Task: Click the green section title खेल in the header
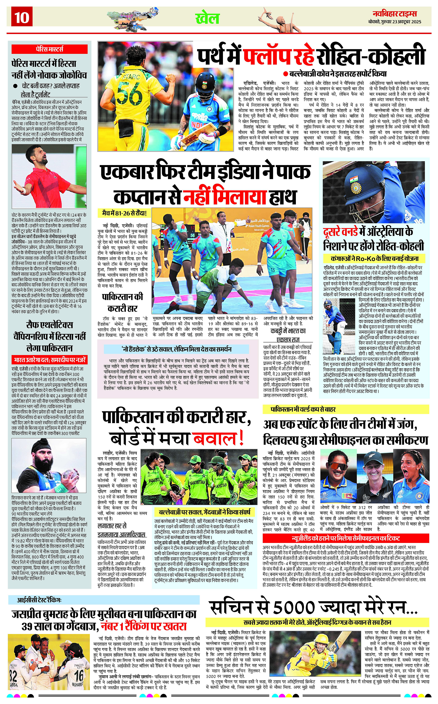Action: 207,18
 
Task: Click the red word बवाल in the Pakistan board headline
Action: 218,438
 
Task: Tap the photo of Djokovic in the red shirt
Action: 49,176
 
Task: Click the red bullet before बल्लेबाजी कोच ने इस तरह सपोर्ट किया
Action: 285,74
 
